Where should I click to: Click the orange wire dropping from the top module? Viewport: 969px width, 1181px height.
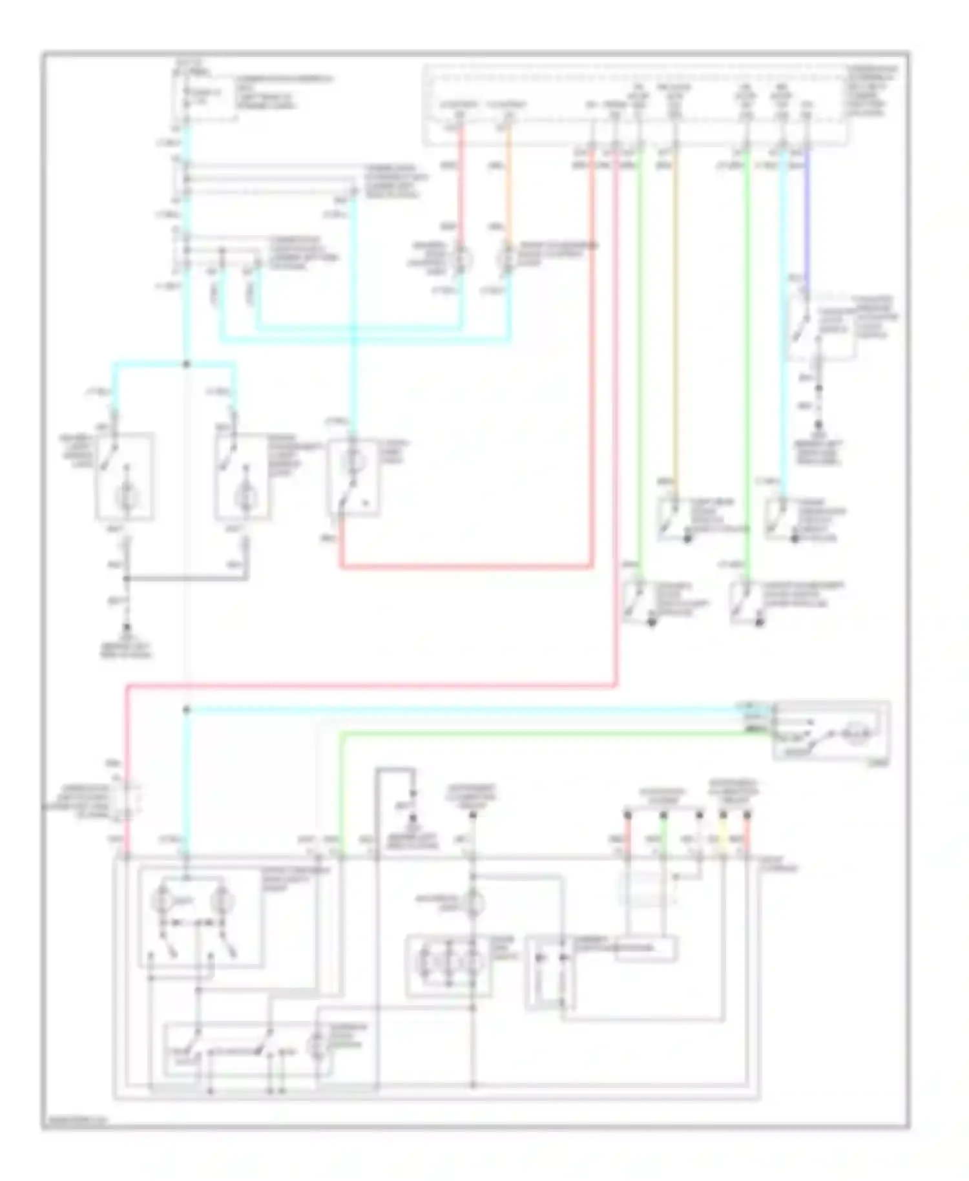tap(508, 187)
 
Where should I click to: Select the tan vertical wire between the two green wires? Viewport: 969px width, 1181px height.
tap(675, 323)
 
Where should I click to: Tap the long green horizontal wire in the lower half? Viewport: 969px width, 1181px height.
tap(549, 733)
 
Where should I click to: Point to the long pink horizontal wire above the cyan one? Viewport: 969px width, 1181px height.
tap(368, 685)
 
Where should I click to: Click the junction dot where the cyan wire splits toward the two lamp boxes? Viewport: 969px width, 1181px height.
tap(187, 364)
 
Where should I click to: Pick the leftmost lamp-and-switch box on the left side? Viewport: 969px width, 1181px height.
tap(125, 476)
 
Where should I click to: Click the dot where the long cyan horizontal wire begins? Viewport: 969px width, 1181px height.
tap(187, 710)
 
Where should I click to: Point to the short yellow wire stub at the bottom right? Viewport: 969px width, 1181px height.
tap(723, 838)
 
